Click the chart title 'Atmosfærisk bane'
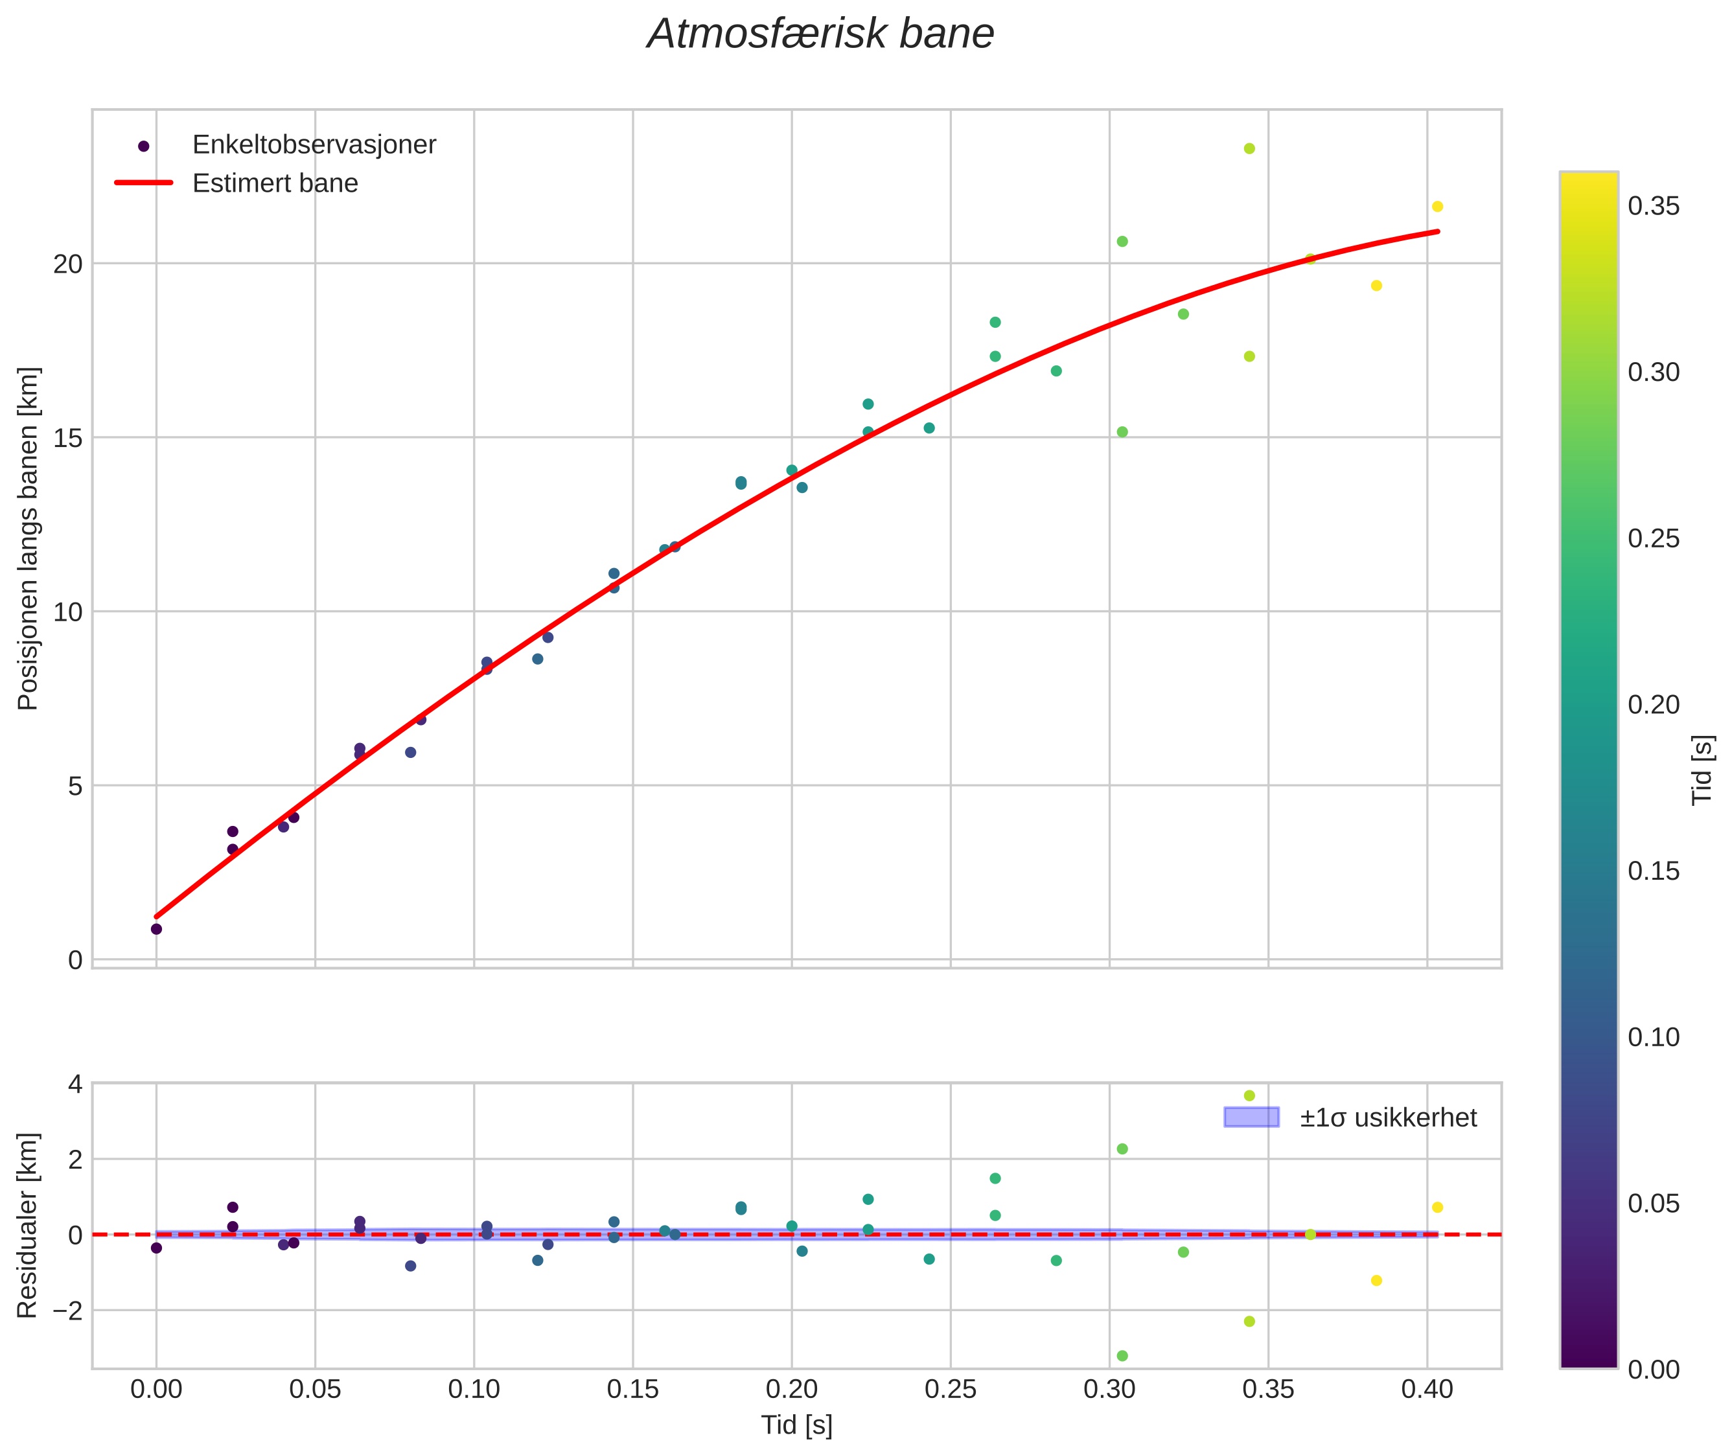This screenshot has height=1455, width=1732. click(820, 34)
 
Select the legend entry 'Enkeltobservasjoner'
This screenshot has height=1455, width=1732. click(314, 145)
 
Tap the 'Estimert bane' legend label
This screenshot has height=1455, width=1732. click(275, 183)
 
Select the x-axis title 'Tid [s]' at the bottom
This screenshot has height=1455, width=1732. click(796, 1425)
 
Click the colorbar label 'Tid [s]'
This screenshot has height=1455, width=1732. click(1703, 769)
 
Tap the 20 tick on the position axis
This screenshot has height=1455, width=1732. click(69, 264)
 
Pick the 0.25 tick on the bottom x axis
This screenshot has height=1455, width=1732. click(951, 1390)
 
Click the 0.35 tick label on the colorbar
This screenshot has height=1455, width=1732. click(1654, 206)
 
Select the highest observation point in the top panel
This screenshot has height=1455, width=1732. click(1249, 148)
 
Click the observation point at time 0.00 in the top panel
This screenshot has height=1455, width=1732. click(157, 929)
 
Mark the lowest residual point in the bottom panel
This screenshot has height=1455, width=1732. click(1122, 1355)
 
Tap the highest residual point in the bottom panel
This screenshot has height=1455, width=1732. click(1249, 1095)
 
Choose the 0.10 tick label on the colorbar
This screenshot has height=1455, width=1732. click(1654, 1037)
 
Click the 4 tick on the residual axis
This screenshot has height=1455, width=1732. click(75, 1084)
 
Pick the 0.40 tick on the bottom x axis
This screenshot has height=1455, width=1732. click(1427, 1390)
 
